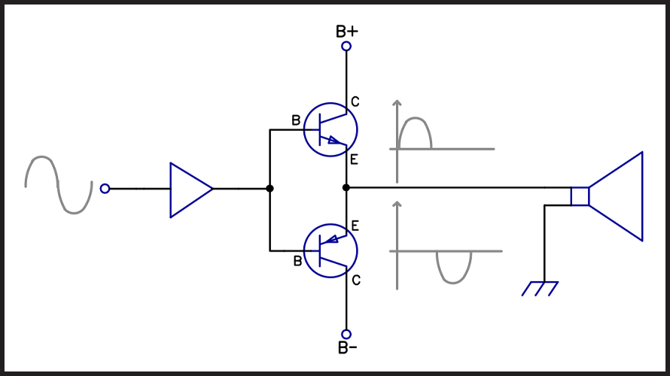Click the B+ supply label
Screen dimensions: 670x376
346,32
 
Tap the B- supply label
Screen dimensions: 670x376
347,348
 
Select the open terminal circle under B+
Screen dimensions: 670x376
346,46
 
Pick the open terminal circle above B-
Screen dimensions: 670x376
346,334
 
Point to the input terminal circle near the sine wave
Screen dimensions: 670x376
105,189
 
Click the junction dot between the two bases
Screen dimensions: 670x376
270,188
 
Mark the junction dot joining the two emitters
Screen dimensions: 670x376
346,187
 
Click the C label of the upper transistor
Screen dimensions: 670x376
355,102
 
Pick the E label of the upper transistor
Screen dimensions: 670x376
354,159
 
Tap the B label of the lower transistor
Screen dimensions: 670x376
298,261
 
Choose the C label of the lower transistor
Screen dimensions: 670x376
356,280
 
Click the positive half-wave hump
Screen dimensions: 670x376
415,118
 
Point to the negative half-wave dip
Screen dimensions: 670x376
453,283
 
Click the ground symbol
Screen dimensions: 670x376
540,289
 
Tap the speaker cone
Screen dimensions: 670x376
642,196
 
